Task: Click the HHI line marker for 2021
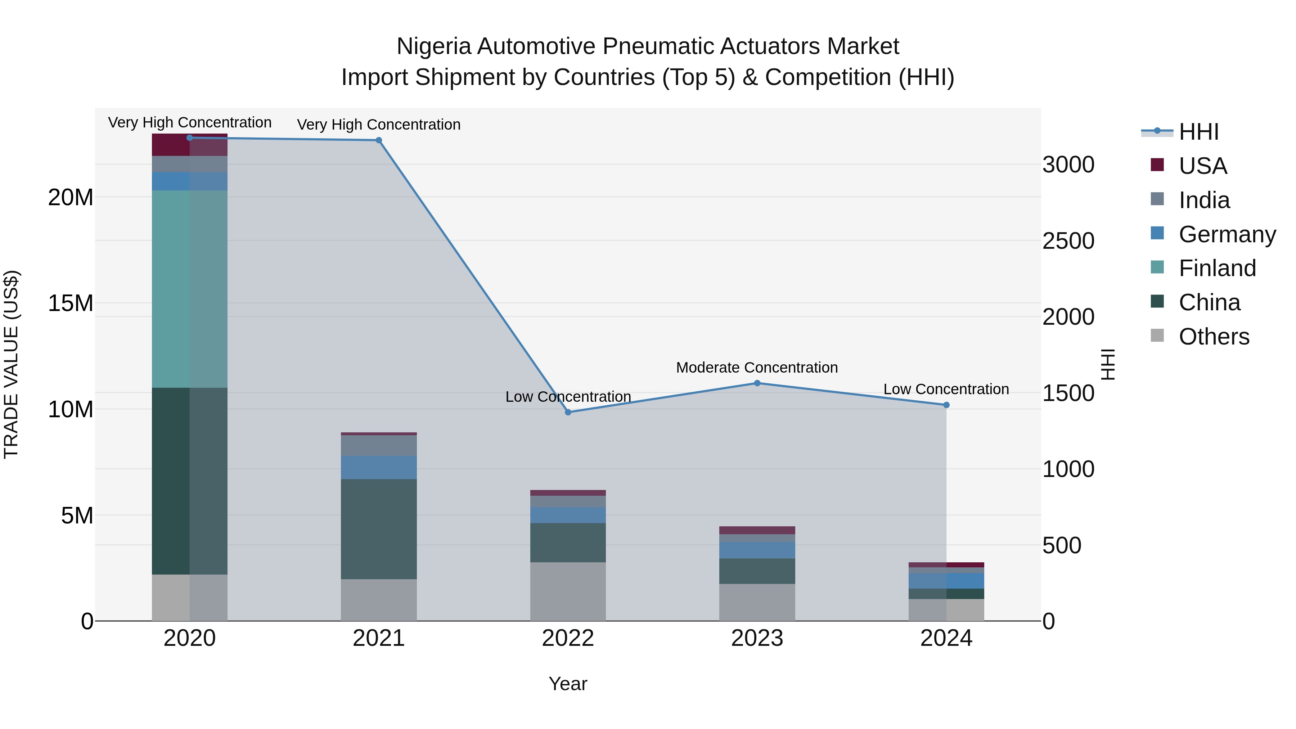[x=379, y=140]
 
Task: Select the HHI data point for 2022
[x=568, y=412]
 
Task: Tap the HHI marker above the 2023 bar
[x=757, y=383]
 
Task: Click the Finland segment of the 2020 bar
[x=190, y=289]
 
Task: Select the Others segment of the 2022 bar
[x=568, y=591]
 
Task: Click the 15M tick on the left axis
[x=71, y=303]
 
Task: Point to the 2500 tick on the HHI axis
[x=1068, y=241]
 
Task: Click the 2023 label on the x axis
[x=757, y=638]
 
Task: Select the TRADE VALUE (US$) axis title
[x=11, y=364]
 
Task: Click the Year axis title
[x=568, y=684]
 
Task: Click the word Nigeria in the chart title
[x=434, y=46]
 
